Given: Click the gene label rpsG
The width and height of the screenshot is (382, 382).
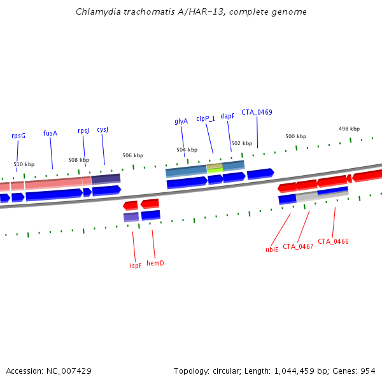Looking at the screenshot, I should (18, 136).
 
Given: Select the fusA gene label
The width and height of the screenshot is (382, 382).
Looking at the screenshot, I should (50, 133).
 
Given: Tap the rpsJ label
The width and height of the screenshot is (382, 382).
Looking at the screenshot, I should (83, 131).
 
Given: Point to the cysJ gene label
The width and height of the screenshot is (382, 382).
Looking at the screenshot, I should (103, 129).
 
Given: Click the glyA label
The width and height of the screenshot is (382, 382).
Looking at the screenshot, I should (181, 121).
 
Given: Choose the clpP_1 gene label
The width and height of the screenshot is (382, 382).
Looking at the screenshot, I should (206, 118).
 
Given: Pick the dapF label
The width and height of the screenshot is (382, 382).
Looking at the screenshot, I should (228, 117).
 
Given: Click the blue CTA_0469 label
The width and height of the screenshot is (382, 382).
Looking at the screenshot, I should (257, 112).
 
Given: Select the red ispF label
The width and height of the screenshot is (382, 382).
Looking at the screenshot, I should (136, 265).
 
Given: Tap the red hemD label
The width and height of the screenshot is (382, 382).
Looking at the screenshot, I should (155, 263).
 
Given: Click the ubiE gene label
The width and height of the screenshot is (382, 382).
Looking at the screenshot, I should (272, 250).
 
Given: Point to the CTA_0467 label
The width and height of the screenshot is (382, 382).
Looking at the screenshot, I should (298, 246).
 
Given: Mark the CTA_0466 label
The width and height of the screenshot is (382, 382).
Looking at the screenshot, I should (333, 241).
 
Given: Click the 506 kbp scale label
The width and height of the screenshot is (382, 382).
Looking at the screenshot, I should (132, 155).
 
